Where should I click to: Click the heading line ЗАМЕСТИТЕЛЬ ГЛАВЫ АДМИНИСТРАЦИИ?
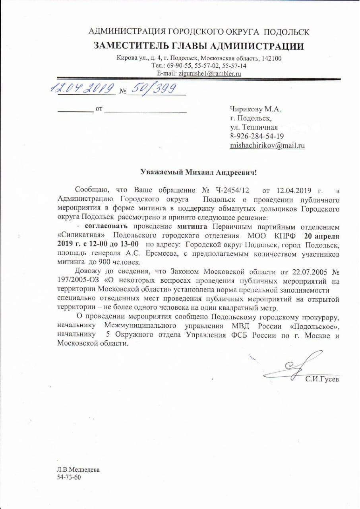(x=199, y=46)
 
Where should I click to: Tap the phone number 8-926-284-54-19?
(x=257, y=136)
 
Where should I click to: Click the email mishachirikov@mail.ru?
(x=267, y=146)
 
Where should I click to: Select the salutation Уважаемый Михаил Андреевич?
(x=199, y=172)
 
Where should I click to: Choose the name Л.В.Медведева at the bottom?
(x=78, y=470)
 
